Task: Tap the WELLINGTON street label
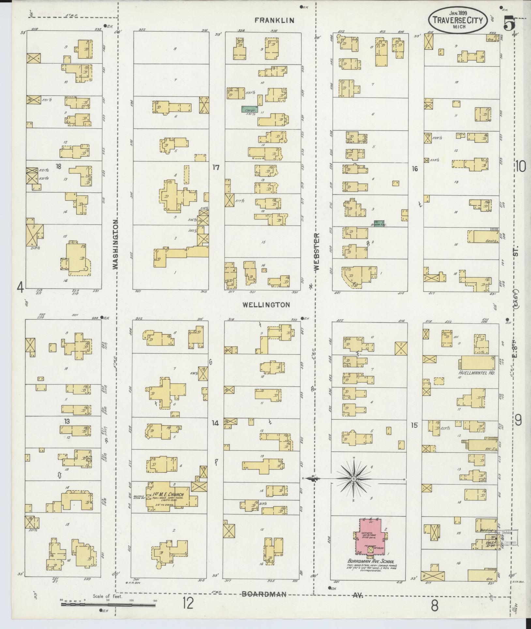[x=266, y=305]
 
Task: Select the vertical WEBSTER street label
[x=317, y=251]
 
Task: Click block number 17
[x=216, y=167]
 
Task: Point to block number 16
[x=415, y=169]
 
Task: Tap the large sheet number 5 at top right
[x=509, y=24]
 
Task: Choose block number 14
[x=215, y=423]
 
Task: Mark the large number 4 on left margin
[x=20, y=288]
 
